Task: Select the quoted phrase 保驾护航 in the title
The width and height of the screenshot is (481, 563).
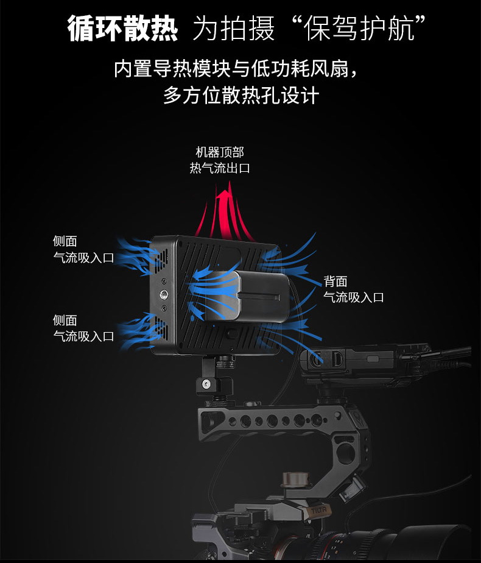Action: tap(358, 28)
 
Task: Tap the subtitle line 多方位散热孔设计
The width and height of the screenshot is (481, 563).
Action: tap(240, 96)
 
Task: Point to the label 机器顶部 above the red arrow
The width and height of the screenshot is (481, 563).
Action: tap(220, 152)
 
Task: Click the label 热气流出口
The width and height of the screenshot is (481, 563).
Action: tap(220, 168)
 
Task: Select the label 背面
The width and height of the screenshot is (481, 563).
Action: tap(335, 281)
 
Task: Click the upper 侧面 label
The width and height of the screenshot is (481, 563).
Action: tap(65, 242)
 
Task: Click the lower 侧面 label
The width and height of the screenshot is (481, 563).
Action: tap(65, 320)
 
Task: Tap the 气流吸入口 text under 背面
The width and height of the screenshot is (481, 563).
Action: tap(353, 297)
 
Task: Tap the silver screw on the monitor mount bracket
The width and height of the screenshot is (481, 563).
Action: tap(207, 384)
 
